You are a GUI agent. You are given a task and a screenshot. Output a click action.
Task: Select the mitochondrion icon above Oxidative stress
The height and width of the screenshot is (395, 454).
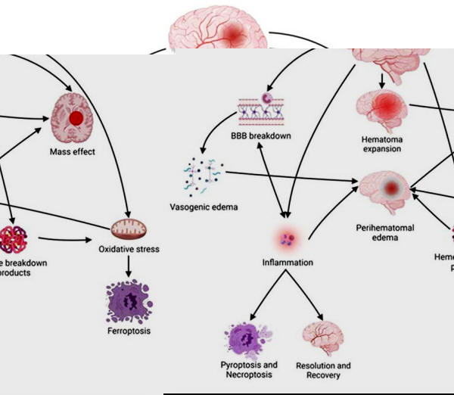[128, 226]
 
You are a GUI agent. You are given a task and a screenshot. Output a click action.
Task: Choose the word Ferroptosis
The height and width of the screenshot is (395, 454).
[130, 332]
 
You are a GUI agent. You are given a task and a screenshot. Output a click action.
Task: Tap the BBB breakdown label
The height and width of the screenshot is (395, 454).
[263, 137]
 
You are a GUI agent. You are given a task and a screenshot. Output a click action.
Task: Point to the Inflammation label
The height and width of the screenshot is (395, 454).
[288, 263]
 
